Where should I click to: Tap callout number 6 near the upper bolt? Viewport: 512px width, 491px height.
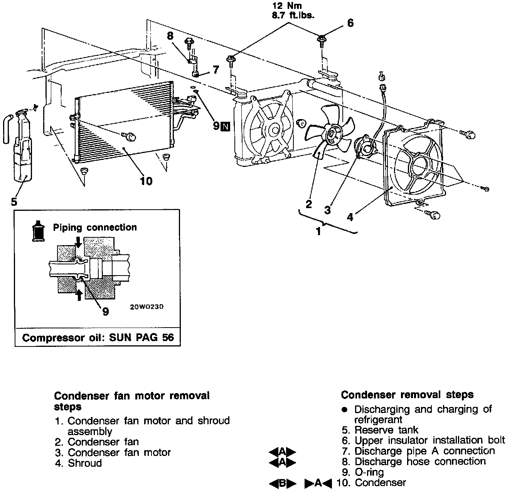point(350,24)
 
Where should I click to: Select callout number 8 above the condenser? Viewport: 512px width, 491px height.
point(170,36)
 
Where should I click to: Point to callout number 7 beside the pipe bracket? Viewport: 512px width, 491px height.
point(216,70)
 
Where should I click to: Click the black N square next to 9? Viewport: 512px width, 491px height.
point(226,126)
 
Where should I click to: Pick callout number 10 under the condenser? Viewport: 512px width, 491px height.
point(146,180)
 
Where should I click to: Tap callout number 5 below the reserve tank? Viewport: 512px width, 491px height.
point(14,201)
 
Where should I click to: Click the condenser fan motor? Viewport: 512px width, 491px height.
point(364,146)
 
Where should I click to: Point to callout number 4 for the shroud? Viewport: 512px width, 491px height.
point(350,217)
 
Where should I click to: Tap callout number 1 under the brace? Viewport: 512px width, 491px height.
point(318,232)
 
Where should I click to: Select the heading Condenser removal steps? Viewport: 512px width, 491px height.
point(407,395)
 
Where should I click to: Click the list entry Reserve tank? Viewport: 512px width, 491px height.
point(386,430)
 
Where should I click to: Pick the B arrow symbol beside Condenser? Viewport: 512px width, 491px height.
point(282,483)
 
